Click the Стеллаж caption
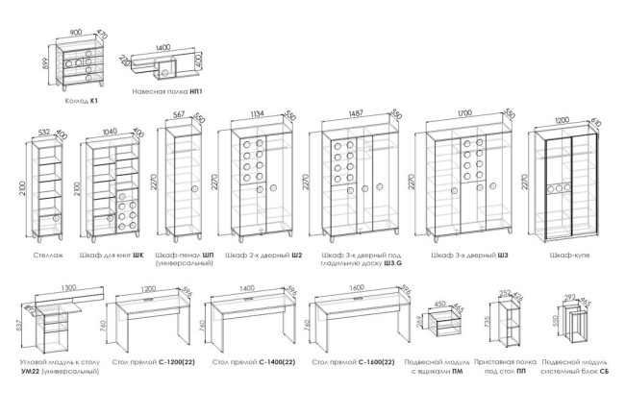[x=48, y=256]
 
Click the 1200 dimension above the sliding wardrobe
[x=563, y=122]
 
